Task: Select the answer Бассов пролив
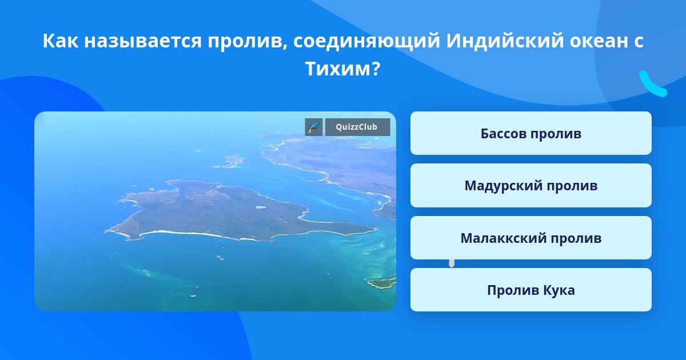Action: pyautogui.click(x=531, y=133)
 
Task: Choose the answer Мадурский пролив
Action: pyautogui.click(x=531, y=186)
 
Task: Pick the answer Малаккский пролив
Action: pyautogui.click(x=531, y=238)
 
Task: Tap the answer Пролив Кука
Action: pyautogui.click(x=531, y=290)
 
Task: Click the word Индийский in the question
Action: pyautogui.click(x=505, y=40)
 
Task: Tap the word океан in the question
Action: pyautogui.click(x=597, y=41)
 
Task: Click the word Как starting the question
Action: pyautogui.click(x=61, y=41)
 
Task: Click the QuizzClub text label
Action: pyautogui.click(x=357, y=127)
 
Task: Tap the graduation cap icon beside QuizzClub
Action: pyautogui.click(x=314, y=127)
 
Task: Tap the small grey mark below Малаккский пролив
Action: pyautogui.click(x=452, y=263)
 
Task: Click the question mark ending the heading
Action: pyautogui.click(x=377, y=69)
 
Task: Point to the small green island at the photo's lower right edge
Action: pyautogui.click(x=382, y=283)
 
